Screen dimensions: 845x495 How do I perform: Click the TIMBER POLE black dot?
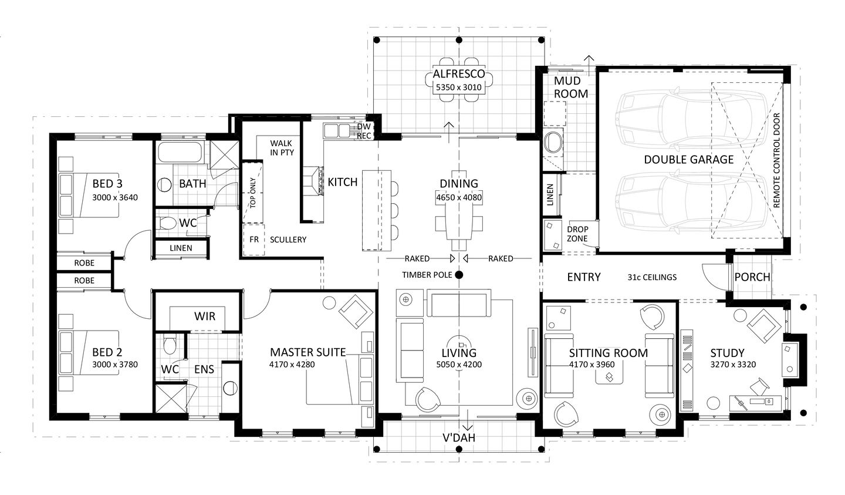tap(459, 275)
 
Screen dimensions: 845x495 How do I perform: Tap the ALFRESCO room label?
tap(459, 74)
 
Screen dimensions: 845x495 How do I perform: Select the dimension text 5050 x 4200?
tap(459, 365)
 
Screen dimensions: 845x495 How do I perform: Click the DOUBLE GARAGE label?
tap(688, 160)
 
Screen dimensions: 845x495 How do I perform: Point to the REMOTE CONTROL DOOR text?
tap(776, 160)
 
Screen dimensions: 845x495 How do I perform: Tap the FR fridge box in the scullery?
tap(254, 240)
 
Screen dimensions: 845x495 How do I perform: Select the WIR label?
tap(205, 316)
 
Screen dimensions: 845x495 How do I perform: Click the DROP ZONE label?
tap(577, 234)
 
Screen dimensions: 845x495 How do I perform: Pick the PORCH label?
tap(752, 277)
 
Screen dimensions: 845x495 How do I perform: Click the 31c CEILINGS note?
tap(652, 278)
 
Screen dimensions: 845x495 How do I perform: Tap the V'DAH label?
tap(459, 438)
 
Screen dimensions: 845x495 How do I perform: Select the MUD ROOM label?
tap(571, 87)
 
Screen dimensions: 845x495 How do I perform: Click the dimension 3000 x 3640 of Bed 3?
tap(115, 197)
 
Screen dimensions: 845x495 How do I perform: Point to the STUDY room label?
tap(727, 353)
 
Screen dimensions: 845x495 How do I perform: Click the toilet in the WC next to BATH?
tap(166, 223)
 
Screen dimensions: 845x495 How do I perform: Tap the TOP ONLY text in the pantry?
tap(253, 193)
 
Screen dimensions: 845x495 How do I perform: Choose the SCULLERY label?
tap(288, 240)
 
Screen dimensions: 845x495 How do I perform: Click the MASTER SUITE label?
tap(308, 353)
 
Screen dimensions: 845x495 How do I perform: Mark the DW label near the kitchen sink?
tap(364, 127)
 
